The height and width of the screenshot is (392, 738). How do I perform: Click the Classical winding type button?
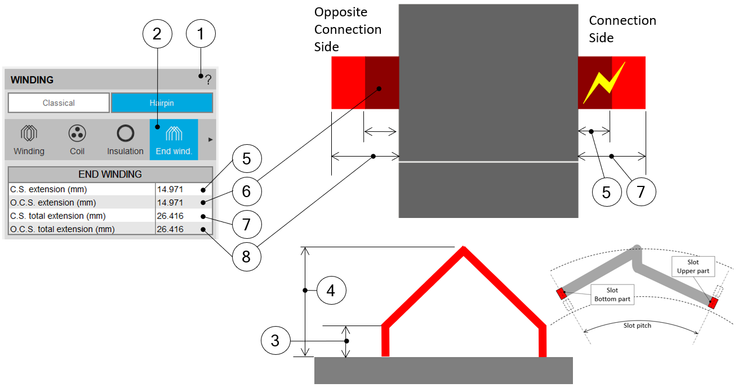pos(59,103)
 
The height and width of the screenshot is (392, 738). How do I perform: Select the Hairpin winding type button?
pos(162,103)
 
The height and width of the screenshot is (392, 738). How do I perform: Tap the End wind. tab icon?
pos(174,133)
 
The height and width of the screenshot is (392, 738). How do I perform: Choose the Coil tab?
pos(77,140)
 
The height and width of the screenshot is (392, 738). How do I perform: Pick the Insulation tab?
pos(125,140)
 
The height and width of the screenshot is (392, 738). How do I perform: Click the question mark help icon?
pos(208,80)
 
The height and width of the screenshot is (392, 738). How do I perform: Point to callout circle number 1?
pos(201,34)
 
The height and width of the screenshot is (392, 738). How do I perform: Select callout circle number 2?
pos(157,34)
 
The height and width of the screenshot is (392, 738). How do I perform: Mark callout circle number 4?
pos(331,291)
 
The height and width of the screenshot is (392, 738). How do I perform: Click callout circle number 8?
pos(246,256)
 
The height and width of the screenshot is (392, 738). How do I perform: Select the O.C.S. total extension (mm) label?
pos(62,229)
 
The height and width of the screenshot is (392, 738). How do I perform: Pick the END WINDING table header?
pos(110,174)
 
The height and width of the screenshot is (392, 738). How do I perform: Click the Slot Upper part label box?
pos(692,267)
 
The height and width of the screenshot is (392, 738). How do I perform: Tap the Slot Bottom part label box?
pos(612,295)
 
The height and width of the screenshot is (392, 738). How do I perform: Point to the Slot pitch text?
pos(637,326)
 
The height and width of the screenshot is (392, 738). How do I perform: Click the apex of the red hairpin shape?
pos(463,252)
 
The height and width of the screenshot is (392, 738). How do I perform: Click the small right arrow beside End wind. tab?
pos(211,139)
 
